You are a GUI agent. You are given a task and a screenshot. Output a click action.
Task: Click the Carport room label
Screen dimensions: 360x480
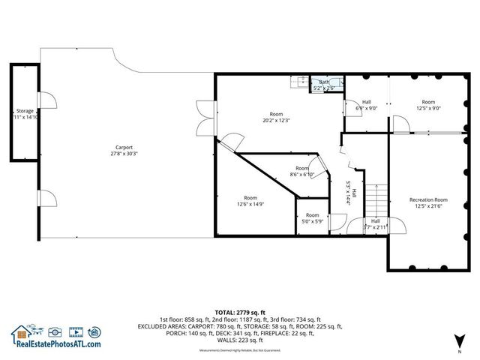tap(124, 147)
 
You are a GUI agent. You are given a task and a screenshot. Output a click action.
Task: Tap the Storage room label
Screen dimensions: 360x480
tap(25, 111)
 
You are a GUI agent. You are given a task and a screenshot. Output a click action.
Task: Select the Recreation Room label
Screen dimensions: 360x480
tap(428, 199)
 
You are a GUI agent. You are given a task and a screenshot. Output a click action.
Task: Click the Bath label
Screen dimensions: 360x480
tap(324, 82)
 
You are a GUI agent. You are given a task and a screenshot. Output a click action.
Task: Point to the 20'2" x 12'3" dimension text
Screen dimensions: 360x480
tap(276, 121)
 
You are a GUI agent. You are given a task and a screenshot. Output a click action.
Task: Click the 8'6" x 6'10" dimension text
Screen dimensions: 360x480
tap(301, 175)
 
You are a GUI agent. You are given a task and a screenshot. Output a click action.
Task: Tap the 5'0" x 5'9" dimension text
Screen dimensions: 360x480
tap(312, 221)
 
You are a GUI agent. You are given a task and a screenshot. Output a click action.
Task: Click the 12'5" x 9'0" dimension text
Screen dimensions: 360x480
tap(428, 107)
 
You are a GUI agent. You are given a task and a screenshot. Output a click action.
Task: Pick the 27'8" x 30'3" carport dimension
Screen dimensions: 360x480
tap(124, 154)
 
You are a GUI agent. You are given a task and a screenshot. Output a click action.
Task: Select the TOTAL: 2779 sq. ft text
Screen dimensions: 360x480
tap(239, 312)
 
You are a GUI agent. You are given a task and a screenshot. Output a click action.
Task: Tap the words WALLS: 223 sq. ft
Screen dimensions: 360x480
tap(240, 340)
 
